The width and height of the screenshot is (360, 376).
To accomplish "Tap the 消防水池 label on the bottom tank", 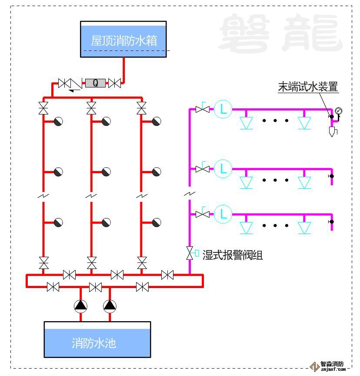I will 94,343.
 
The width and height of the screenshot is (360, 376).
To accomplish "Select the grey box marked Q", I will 96,83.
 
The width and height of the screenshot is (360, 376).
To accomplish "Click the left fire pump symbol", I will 80,306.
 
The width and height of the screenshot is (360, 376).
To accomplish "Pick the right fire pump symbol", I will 110,306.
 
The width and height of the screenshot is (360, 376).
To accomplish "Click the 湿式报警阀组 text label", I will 233,255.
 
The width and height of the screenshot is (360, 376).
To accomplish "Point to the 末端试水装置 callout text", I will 308,87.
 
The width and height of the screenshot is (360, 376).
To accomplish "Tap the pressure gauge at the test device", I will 338,111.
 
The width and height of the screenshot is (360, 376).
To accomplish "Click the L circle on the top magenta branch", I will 223,109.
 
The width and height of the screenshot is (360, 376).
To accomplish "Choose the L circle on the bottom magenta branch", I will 223,214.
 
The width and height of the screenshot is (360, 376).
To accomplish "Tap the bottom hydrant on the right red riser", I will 157,222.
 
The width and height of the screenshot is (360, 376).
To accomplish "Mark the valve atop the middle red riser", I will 91,107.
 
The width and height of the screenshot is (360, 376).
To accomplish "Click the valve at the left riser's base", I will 43,263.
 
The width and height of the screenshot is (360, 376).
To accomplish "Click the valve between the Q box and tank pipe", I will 114,83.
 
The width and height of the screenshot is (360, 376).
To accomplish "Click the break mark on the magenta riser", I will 190,194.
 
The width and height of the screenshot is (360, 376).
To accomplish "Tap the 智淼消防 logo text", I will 332,364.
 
